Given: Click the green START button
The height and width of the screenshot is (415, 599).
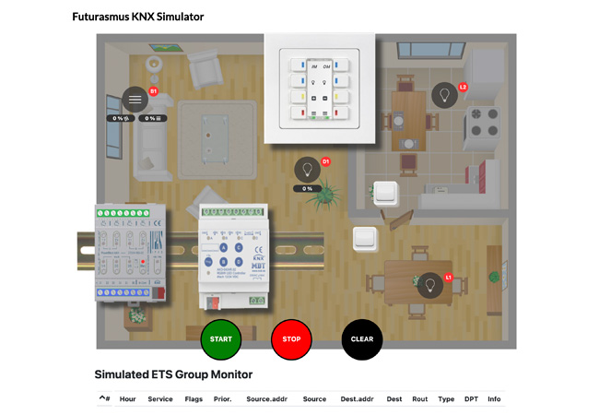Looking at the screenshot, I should click(220, 338).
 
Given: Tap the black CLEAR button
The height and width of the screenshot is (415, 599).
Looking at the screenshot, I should click(362, 338).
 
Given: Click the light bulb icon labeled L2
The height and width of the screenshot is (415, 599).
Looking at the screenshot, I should click(444, 94).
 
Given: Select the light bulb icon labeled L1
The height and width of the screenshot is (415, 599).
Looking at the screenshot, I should click(429, 284).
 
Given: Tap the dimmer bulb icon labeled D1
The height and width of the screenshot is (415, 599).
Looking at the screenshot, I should click(307, 170).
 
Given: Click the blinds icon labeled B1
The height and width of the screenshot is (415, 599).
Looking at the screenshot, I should click(135, 99).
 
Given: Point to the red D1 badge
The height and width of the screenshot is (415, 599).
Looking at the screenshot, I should click(325, 162).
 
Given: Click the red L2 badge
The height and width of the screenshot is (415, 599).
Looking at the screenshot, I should click(464, 88).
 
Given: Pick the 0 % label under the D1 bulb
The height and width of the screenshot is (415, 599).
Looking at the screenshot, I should click(307, 188).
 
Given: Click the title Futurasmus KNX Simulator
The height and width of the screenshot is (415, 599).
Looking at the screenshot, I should click(138, 17).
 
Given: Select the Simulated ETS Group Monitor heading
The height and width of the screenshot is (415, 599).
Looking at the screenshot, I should click(173, 374).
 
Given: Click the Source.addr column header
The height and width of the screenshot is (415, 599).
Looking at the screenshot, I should click(264, 399).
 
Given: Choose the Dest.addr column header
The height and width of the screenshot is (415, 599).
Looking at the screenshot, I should click(356, 399).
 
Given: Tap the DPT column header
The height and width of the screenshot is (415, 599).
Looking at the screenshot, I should click(471, 399).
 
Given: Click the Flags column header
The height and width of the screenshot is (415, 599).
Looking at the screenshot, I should click(194, 399).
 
